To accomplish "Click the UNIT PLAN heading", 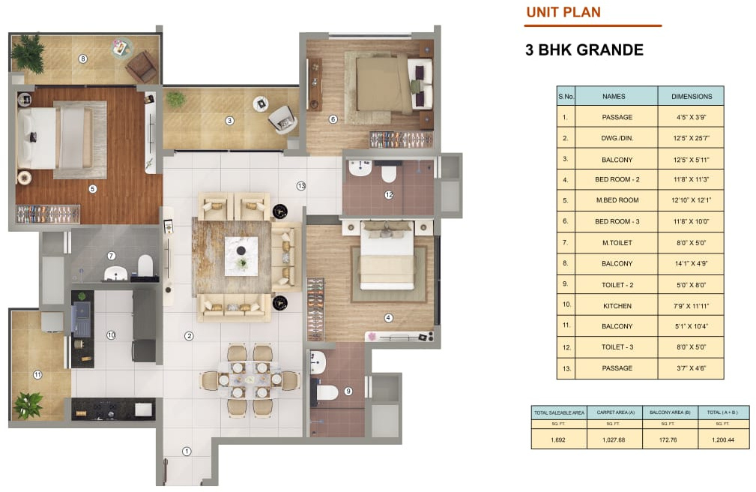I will click(563, 12).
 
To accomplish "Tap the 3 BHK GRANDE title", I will click(584, 50).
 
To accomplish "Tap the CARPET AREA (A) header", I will click(614, 412).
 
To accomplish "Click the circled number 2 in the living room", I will click(189, 336).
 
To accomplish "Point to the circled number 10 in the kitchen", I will click(111, 335).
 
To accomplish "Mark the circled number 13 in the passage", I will click(301, 186).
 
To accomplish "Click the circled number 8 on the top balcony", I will click(83, 58).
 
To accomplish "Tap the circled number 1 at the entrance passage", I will click(187, 451).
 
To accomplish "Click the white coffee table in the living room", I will click(241, 255).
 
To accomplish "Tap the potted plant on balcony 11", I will click(28, 405).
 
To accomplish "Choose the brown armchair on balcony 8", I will click(142, 67).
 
